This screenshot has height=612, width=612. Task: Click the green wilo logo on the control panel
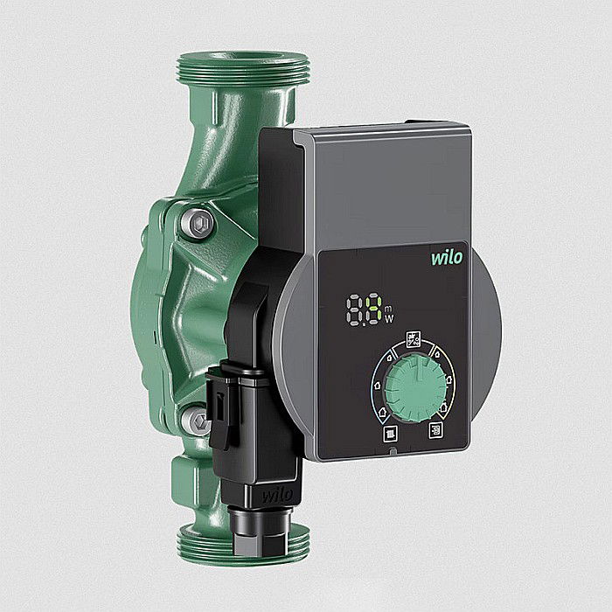(x=447, y=258)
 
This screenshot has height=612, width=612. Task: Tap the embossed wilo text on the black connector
(x=277, y=496)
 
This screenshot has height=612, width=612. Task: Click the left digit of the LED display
(x=354, y=309)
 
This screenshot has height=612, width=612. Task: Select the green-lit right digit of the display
(x=374, y=309)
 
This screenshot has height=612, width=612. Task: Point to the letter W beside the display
(x=389, y=319)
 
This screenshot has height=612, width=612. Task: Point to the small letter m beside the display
(x=388, y=309)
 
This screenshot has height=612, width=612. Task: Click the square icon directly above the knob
(x=414, y=339)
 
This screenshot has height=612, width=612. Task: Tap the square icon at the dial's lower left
(x=390, y=434)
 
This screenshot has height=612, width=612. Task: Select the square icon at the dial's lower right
(x=435, y=430)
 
